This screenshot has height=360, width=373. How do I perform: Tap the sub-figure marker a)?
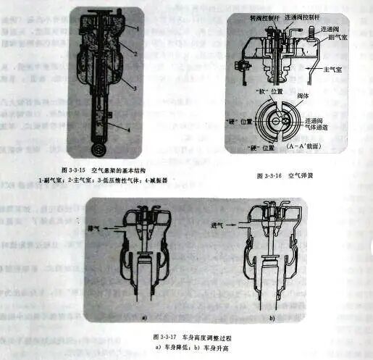145,317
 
